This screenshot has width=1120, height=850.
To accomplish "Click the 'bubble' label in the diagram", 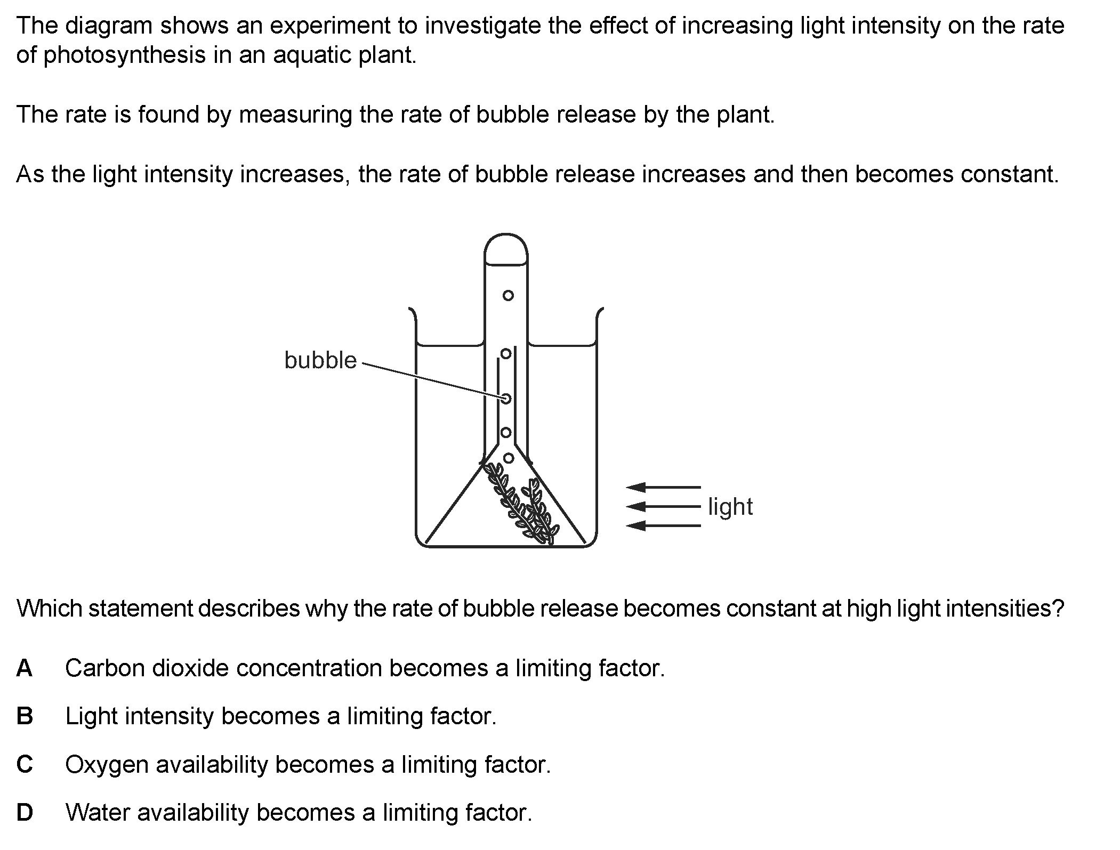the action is (x=320, y=360).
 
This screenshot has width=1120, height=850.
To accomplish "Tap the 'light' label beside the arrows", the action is (x=730, y=506).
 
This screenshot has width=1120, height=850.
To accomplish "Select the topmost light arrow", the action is (x=663, y=487).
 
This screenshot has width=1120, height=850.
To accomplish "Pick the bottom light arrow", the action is (x=663, y=526).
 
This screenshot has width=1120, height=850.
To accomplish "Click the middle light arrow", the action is (x=663, y=506).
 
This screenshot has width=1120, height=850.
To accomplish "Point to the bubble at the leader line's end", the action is (x=506, y=399).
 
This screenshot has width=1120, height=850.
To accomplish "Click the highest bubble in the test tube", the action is (x=508, y=295).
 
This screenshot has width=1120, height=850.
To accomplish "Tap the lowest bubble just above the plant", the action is (x=509, y=458).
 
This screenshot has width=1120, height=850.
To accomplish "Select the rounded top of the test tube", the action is (x=506, y=234).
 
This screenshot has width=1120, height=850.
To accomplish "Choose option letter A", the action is (x=25, y=668).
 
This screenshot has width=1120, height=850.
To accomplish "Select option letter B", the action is (x=25, y=716).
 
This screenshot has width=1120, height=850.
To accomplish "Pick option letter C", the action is (x=25, y=765).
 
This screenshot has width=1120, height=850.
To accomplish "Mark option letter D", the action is (x=25, y=813).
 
